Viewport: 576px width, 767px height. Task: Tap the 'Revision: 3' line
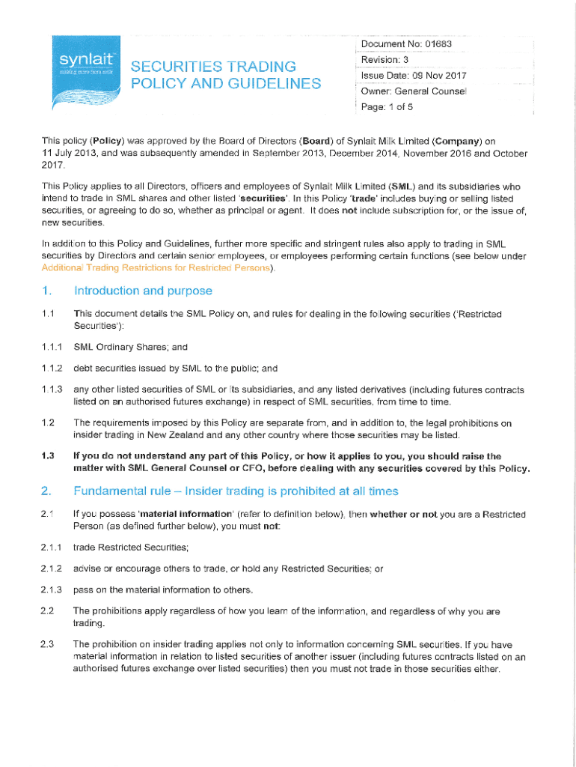pyautogui.click(x=384, y=60)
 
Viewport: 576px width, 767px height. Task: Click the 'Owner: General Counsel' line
pyautogui.click(x=414, y=91)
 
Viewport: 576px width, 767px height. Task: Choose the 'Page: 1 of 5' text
pyautogui.click(x=387, y=107)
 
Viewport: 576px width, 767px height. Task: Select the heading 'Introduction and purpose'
pyautogui.click(x=143, y=291)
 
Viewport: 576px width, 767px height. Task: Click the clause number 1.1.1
pyautogui.click(x=52, y=348)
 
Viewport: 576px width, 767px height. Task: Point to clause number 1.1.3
pyautogui.click(x=52, y=389)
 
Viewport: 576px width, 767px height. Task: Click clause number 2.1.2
pyautogui.click(x=52, y=569)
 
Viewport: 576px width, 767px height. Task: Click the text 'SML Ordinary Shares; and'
pyautogui.click(x=130, y=348)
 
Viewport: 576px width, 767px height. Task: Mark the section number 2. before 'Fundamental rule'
pyautogui.click(x=46, y=491)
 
